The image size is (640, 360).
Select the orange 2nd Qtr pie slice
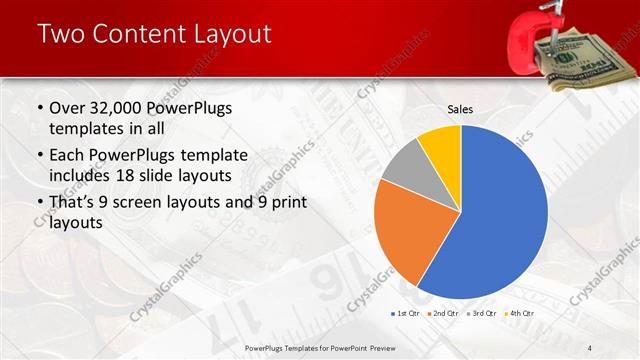coord(410,235)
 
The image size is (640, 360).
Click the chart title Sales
coord(460,109)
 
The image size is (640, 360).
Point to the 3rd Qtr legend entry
coord(482,314)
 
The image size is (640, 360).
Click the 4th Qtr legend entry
coord(520,314)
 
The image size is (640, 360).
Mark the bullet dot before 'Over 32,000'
coord(39,109)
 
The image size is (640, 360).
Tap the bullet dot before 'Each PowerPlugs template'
coord(39,155)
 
